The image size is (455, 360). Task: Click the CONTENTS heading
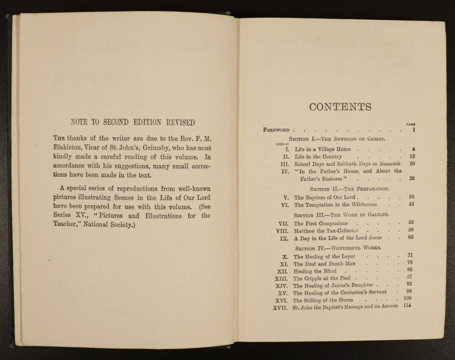[x=340, y=107]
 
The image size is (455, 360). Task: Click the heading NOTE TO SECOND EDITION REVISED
[x=133, y=122]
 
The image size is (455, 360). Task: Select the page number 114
[x=407, y=306]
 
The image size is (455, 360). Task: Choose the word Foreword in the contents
[x=276, y=130]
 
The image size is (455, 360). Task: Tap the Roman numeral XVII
[x=280, y=308]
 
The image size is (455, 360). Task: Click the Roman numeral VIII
[x=281, y=231]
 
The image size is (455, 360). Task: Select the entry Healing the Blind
[x=315, y=271]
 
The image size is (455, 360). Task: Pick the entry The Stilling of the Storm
[x=323, y=300]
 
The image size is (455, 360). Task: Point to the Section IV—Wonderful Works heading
[x=338, y=248]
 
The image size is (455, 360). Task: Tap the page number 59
[x=411, y=230]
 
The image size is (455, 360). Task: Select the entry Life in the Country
[x=318, y=157]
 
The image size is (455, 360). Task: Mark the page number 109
[x=407, y=298]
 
